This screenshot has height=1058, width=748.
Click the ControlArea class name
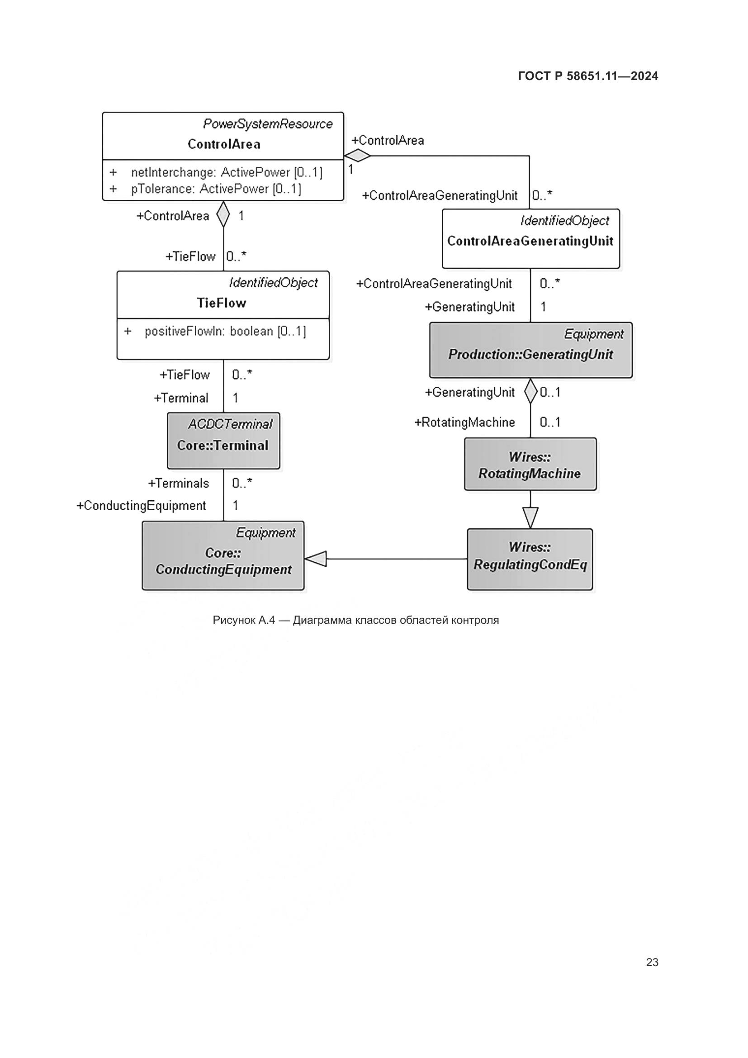tap(224, 144)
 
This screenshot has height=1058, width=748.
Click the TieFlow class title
tap(222, 303)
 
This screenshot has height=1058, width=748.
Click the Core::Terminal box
tap(223, 441)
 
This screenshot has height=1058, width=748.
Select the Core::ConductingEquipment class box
tap(223, 555)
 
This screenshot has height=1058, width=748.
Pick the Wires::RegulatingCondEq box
tap(530, 559)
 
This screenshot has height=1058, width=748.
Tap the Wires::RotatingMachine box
tap(530, 464)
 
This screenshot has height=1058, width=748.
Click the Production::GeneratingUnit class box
tap(530, 350)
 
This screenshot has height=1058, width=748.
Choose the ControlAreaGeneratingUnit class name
tap(530, 241)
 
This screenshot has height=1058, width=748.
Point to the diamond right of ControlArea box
tap(357, 156)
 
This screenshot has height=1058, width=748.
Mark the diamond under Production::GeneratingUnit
tap(530, 391)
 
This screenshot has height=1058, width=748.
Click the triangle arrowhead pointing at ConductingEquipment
tap(316, 559)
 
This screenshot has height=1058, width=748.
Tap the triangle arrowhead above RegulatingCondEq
tap(530, 517)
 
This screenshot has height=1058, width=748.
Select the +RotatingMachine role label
tap(464, 422)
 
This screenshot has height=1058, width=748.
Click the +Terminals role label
tap(178, 483)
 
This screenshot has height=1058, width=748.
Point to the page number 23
tap(652, 962)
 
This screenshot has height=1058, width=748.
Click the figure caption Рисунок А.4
tap(355, 620)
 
